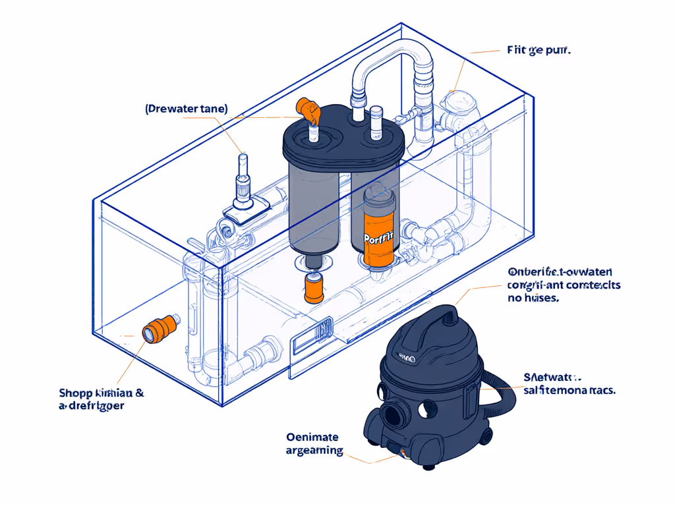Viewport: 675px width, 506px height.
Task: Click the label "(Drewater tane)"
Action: pyautogui.click(x=187, y=109)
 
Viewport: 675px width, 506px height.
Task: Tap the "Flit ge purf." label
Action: pyautogui.click(x=539, y=50)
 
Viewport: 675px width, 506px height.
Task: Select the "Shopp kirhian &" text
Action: pyautogui.click(x=102, y=393)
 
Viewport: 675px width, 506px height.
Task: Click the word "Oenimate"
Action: pyautogui.click(x=312, y=437)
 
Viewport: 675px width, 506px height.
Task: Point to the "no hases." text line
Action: pyautogui.click(x=533, y=298)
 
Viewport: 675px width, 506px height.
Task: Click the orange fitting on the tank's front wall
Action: pyautogui.click(x=160, y=327)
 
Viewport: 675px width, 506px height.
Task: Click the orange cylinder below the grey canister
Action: pyautogui.click(x=313, y=288)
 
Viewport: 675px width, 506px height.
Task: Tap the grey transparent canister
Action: pyautogui.click(x=313, y=211)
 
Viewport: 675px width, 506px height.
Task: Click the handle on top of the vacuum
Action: pyautogui.click(x=448, y=316)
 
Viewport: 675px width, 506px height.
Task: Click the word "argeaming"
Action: pyautogui.click(x=314, y=451)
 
